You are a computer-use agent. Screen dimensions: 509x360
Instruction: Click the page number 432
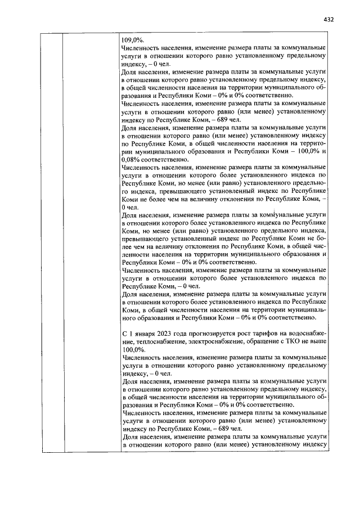[329, 19]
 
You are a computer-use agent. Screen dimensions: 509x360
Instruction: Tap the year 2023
[165, 334]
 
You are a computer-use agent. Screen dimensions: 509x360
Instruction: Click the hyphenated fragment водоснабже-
[309, 334]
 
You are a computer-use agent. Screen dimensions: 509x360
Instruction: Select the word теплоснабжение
[147, 341]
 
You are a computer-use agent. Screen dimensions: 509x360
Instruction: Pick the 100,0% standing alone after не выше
[133, 349]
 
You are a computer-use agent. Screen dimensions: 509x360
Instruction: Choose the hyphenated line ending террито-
[313, 144]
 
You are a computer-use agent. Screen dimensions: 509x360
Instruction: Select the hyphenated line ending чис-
[321, 246]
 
